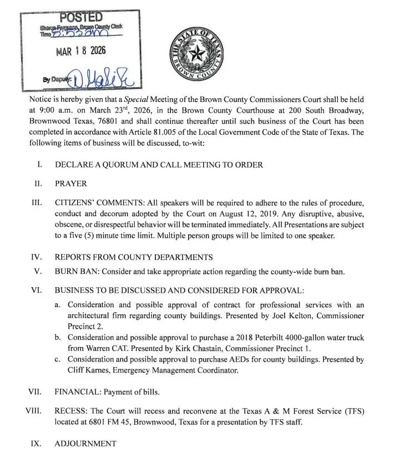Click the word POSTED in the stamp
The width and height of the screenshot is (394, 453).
pos(80,18)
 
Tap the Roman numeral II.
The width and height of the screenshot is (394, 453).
pos(38,184)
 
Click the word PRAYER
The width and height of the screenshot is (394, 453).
pos(71,184)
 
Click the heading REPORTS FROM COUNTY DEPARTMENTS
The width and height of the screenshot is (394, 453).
pos(134,257)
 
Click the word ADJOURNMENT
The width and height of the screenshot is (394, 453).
pos(85,444)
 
